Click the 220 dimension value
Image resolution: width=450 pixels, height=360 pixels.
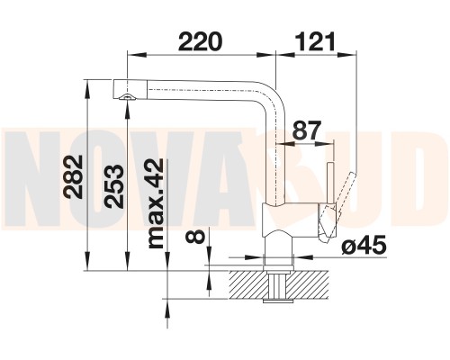(x=200, y=41)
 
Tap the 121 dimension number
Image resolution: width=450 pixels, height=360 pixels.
(x=315, y=41)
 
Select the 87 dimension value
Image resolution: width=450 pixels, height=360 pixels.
(x=307, y=130)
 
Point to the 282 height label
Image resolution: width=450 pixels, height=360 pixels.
(x=74, y=176)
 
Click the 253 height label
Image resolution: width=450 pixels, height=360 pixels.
(x=115, y=186)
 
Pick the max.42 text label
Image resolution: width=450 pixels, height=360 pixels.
(x=156, y=203)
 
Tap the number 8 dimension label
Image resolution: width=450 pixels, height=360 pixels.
(x=195, y=235)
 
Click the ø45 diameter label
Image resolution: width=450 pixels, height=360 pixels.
(x=364, y=246)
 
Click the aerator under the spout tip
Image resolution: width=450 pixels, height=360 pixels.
(x=127, y=97)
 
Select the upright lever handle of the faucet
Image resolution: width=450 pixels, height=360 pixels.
(x=330, y=183)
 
